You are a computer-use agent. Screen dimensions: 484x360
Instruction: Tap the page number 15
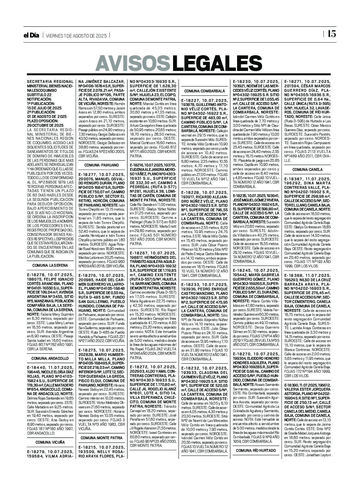click(x=331, y=34)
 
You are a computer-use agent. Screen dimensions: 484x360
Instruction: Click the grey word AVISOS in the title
click(x=133, y=63)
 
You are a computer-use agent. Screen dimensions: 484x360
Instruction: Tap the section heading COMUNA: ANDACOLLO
click(x=50, y=359)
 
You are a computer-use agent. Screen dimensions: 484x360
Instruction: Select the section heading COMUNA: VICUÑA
click(x=50, y=442)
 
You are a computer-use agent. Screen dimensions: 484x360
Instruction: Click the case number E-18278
click(x=37, y=275)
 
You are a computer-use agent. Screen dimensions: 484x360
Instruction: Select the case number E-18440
click(x=37, y=368)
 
